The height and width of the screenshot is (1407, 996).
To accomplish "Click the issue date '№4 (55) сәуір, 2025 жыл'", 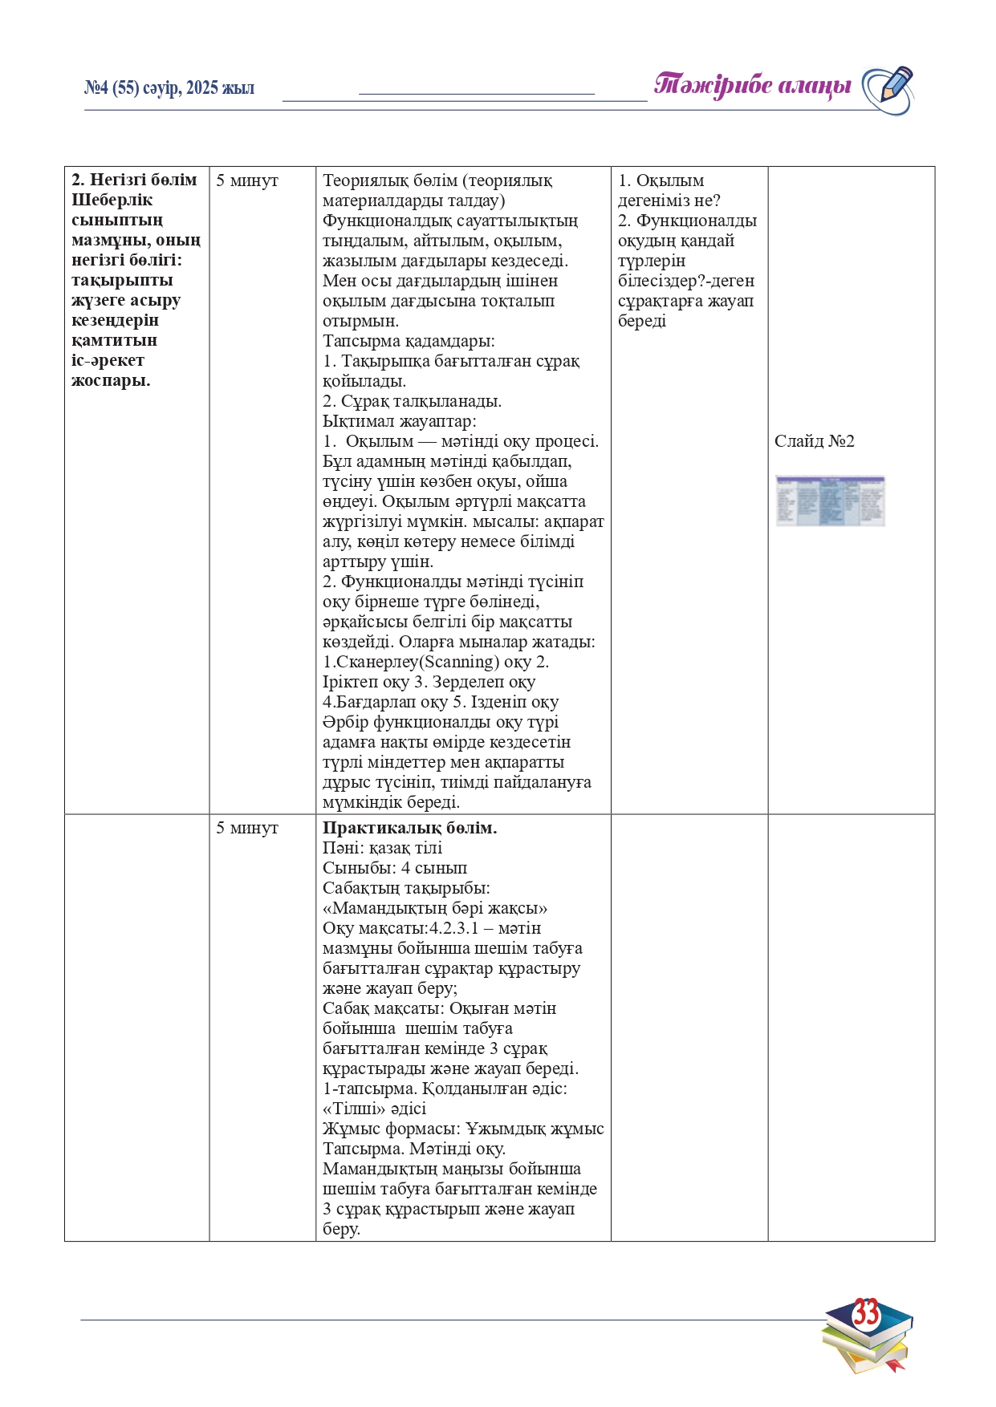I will pyautogui.click(x=169, y=88).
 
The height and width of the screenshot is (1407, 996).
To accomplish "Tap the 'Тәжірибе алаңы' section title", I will pyautogui.click(x=752, y=85).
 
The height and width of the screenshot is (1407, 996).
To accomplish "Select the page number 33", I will pyautogui.click(x=865, y=1314).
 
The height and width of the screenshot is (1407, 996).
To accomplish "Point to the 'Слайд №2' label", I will pyautogui.click(x=814, y=441).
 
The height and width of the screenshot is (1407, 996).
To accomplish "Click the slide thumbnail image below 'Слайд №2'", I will pyautogui.click(x=830, y=501).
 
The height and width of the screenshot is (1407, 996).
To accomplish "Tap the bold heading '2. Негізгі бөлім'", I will pyautogui.click(x=134, y=180).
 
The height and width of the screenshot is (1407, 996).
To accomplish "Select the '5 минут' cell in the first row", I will pyautogui.click(x=247, y=180).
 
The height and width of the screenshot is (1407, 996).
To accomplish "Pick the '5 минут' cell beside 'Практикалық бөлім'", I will pyautogui.click(x=247, y=828).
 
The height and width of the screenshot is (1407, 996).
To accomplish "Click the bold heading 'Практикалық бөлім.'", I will pyautogui.click(x=409, y=828).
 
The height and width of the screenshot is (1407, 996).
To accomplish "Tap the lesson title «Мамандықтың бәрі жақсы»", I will pyautogui.click(x=435, y=908).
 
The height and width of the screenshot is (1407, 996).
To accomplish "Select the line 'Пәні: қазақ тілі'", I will pyautogui.click(x=382, y=848).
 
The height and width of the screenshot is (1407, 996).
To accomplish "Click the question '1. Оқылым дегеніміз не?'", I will pyautogui.click(x=669, y=190).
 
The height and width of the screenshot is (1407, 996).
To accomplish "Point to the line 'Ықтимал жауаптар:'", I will pyautogui.click(x=399, y=421).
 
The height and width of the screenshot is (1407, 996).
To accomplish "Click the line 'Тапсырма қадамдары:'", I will pyautogui.click(x=409, y=341).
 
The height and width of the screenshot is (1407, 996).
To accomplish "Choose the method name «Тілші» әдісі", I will pyautogui.click(x=374, y=1109).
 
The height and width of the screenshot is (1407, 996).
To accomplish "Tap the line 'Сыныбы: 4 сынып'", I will pyautogui.click(x=394, y=868).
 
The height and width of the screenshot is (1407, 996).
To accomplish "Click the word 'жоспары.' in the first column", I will pyautogui.click(x=111, y=380).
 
